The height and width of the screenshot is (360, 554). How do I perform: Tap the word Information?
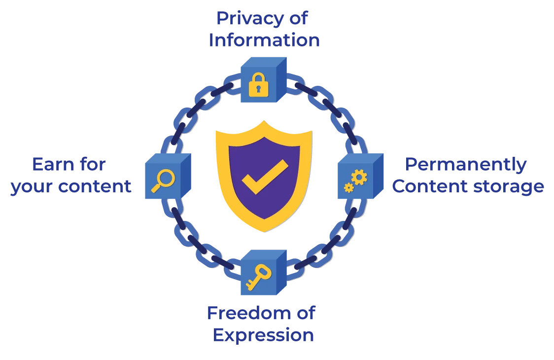[x=264, y=40]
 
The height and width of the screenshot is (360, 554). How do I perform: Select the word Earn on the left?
[x=54, y=164]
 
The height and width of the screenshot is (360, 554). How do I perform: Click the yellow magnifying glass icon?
[x=163, y=180]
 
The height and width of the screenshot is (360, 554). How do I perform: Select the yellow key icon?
[x=259, y=278]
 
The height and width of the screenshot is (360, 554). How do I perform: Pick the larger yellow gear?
[x=359, y=177]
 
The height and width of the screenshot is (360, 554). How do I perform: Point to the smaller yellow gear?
[x=349, y=188]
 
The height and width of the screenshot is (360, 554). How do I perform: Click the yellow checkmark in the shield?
[x=265, y=177]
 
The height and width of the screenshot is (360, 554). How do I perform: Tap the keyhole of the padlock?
[x=259, y=89]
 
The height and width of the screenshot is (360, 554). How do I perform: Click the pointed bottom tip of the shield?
[x=264, y=232]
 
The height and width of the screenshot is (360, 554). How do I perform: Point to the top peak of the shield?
[x=264, y=121]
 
